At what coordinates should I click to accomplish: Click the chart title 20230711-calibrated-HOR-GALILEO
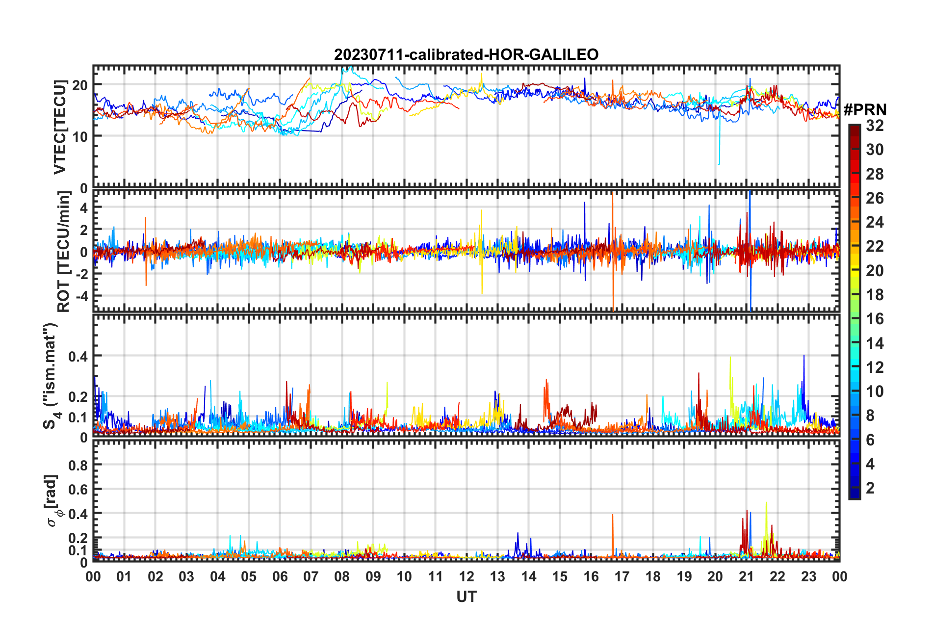(466, 54)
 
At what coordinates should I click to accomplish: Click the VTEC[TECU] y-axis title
(60, 127)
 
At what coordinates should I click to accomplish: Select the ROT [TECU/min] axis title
(64, 252)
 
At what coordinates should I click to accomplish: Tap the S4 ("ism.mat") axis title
(52, 376)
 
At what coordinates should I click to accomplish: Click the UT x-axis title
(466, 597)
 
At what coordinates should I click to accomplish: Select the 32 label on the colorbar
(875, 126)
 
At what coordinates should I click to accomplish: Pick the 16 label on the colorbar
(875, 319)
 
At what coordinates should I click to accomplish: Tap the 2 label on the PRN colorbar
(870, 488)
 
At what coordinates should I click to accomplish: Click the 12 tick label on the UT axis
(466, 576)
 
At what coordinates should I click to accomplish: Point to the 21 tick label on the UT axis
(746, 576)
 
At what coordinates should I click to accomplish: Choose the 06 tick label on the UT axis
(280, 576)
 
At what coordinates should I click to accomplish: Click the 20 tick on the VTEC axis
(80, 85)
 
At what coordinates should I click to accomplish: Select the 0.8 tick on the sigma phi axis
(78, 465)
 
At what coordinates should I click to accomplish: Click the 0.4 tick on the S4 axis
(78, 356)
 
